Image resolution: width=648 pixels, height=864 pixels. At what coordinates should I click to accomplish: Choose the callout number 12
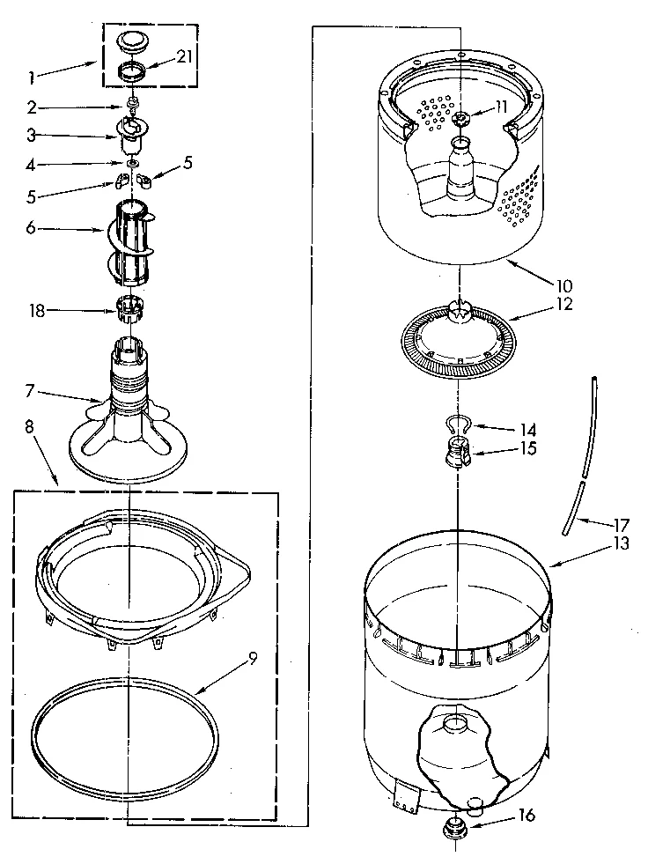click(563, 305)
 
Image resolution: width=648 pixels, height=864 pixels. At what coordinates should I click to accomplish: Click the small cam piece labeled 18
click(130, 309)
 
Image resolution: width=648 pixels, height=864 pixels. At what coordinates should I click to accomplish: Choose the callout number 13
click(622, 543)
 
